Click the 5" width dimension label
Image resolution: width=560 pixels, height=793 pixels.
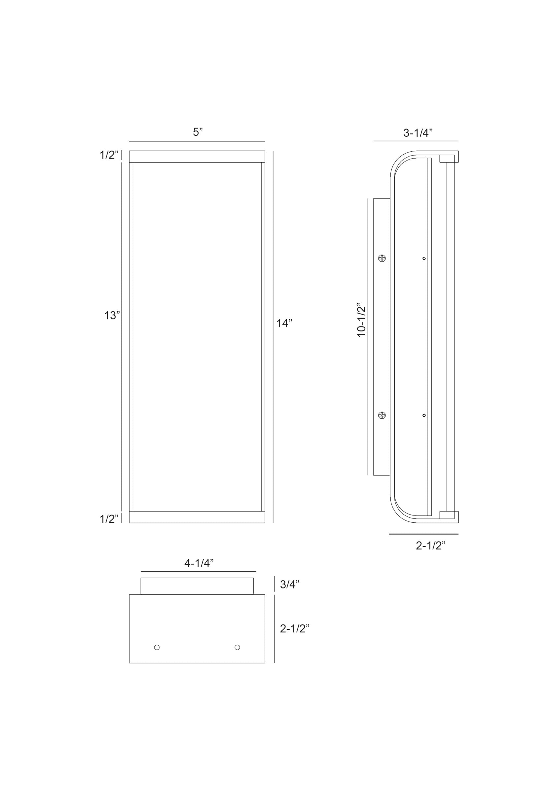(197, 132)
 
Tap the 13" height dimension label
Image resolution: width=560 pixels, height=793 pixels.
(112, 315)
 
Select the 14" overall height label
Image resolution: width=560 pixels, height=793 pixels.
(284, 323)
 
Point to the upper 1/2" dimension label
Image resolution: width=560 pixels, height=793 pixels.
(109, 155)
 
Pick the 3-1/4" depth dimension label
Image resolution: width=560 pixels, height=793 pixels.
(418, 133)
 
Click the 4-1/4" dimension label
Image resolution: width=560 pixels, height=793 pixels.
(199, 563)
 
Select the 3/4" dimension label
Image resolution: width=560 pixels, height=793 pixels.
(289, 585)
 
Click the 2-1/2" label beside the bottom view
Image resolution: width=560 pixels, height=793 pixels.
(294, 628)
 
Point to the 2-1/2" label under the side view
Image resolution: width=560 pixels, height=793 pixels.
(430, 546)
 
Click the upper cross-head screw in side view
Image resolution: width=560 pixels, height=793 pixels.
(382, 258)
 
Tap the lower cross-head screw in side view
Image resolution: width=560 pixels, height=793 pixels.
(382, 415)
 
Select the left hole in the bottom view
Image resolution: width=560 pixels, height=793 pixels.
(157, 647)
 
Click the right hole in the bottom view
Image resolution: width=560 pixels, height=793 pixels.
(237, 647)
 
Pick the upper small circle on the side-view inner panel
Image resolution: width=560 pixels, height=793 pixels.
(424, 258)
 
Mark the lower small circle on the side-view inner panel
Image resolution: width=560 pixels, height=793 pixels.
(424, 415)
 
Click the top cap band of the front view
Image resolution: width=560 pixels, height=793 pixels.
(197, 157)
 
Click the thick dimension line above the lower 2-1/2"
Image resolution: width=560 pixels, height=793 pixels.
(424, 534)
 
